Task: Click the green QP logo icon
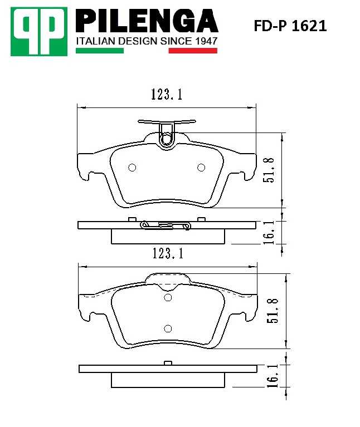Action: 38,31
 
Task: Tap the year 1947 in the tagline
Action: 205,41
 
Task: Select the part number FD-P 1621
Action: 290,26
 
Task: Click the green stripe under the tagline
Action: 99,51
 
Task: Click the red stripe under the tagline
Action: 192,51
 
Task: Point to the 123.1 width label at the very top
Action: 166,95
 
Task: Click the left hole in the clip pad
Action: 132,168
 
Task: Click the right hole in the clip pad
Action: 202,168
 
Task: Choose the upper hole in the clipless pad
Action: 168,298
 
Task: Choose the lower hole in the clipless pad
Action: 168,328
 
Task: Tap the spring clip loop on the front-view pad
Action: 167,138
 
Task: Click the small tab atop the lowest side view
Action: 167,363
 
